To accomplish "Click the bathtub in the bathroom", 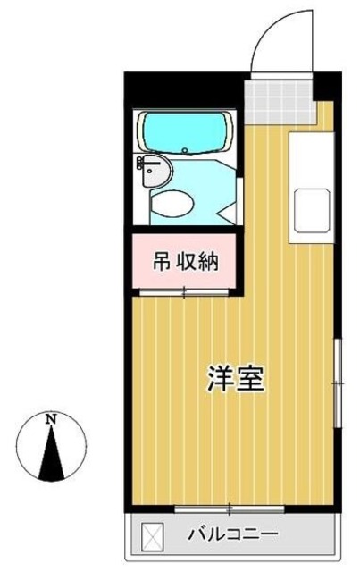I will point(185,133).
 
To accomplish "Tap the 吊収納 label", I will point(185,263).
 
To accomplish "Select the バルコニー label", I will point(231,535).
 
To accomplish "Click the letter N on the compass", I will point(52,418).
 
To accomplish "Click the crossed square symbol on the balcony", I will point(153,535).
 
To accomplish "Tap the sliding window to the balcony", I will point(229,509).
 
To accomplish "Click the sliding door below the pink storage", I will point(184,290).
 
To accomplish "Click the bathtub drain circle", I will point(183,150).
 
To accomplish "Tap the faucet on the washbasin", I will point(144,164).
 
